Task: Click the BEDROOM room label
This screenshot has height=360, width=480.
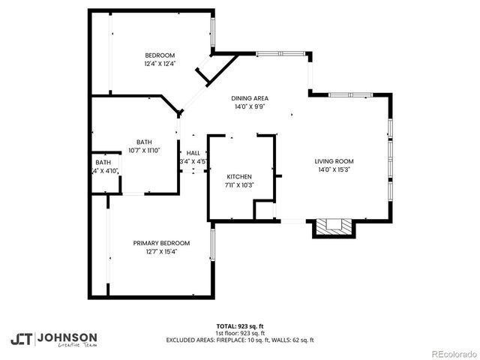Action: click(x=160, y=55)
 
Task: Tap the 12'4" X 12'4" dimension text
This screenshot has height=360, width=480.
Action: click(x=160, y=64)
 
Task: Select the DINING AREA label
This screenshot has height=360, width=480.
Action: click(x=250, y=98)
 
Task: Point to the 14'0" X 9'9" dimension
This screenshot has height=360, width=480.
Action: click(x=250, y=106)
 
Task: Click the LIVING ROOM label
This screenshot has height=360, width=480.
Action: click(x=334, y=161)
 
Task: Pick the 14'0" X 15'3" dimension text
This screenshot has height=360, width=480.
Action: click(x=334, y=170)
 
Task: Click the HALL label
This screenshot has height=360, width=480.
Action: click(x=193, y=153)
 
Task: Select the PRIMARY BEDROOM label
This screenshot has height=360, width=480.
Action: click(x=161, y=243)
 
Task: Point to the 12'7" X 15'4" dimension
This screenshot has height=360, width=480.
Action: click(x=161, y=252)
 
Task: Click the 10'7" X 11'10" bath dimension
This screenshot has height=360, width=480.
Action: click(x=145, y=151)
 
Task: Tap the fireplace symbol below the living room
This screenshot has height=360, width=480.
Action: click(x=330, y=226)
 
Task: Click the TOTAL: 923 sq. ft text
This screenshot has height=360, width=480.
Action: click(x=240, y=326)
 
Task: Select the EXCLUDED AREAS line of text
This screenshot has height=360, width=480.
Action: click(x=240, y=340)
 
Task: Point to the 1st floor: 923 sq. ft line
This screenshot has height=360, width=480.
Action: click(x=240, y=333)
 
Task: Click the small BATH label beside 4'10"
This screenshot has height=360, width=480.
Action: click(x=103, y=163)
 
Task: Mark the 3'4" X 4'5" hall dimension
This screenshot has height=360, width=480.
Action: click(x=193, y=162)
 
